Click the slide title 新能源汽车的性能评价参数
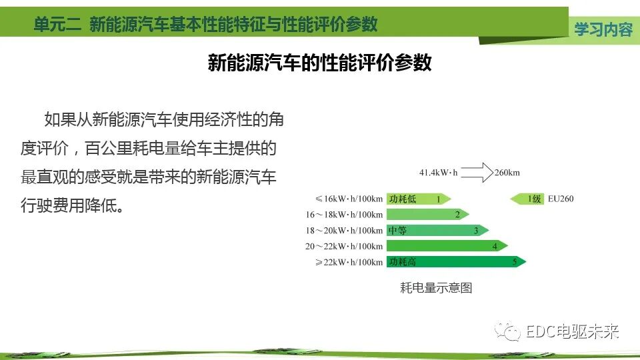(320, 63)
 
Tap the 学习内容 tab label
(603, 29)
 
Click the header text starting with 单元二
(205, 25)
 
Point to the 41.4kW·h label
(437, 173)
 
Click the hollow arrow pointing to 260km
(476, 173)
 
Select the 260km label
(507, 173)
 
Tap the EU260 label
(561, 199)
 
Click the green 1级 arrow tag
(527, 199)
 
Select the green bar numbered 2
(427, 215)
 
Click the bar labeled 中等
(437, 231)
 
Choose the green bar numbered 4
(447, 246)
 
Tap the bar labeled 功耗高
(456, 262)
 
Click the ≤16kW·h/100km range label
(349, 199)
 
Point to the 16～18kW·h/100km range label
(344, 215)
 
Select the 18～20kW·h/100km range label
(344, 231)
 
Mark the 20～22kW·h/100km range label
(344, 246)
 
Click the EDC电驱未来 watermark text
(572, 331)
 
